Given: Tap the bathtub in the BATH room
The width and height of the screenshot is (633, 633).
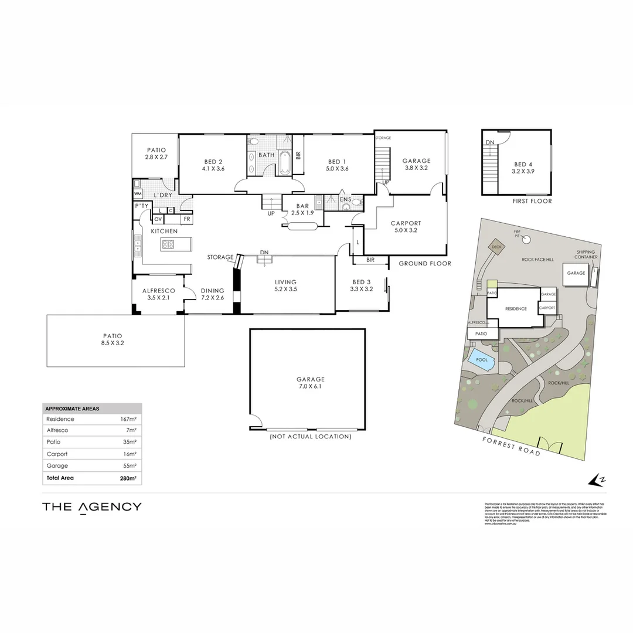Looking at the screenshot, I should pos(285,164).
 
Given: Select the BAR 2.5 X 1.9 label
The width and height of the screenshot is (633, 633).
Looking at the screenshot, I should pos(302,209).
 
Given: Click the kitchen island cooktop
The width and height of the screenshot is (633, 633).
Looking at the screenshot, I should pos(169,244).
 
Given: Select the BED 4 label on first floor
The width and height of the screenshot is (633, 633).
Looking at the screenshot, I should pos(524,168).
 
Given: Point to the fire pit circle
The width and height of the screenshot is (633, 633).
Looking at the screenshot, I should pos(526,239).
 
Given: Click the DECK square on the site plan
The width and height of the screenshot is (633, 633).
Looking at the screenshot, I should pos(497,247).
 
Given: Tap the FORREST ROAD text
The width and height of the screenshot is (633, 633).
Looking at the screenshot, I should pos(511,446).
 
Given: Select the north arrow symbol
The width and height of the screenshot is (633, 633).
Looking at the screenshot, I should pos(596,479).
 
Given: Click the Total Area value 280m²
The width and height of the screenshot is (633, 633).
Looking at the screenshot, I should pos(128,478).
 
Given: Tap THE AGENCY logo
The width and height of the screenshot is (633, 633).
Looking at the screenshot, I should pos(91,507).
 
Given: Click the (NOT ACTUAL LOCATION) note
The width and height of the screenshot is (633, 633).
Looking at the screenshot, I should pos(310,437).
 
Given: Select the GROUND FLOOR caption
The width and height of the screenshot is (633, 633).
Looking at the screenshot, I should pos(425,264).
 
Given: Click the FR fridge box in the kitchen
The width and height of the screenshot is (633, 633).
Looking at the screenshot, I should pos(186,219).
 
